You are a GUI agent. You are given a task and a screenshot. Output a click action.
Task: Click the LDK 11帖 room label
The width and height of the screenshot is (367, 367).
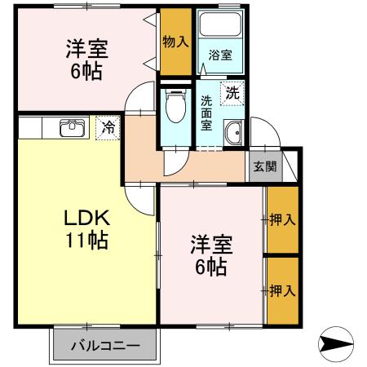[87, 229]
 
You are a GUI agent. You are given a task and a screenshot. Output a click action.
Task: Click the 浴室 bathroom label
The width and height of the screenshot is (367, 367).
[219, 55]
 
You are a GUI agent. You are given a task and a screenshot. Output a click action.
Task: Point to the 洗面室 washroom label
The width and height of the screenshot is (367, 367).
[207, 114]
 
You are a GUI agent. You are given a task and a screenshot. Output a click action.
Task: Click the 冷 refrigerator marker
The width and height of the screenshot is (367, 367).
[108, 127]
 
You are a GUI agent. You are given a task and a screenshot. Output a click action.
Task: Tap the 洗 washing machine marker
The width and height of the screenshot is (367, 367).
[233, 93]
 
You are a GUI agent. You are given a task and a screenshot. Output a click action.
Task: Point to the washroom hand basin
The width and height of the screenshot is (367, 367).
[234, 132]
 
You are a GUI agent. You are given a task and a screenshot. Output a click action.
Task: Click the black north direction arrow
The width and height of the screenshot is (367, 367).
[336, 345]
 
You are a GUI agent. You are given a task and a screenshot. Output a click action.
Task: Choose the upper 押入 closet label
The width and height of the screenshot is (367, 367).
[282, 219]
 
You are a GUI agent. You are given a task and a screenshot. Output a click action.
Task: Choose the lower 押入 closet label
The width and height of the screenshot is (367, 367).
[282, 290]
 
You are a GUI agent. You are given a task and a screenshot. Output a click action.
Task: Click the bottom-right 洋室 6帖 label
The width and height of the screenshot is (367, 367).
[211, 254]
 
